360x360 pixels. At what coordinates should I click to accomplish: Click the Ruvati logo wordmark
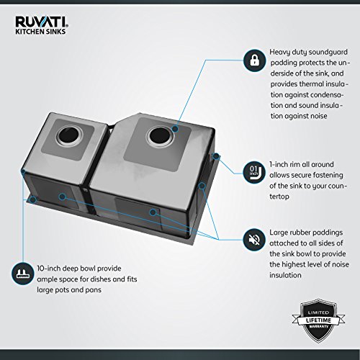click(41, 22)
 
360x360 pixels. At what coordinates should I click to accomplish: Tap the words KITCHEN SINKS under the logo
click(40, 32)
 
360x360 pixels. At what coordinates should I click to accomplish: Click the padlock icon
click(254, 60)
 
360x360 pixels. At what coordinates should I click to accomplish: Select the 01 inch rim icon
click(254, 173)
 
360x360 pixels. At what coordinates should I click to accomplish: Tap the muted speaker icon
click(254, 240)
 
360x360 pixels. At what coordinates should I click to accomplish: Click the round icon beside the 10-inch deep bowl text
click(23, 274)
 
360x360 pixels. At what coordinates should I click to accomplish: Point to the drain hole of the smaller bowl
click(70, 136)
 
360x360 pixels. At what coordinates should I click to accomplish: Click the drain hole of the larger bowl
click(159, 136)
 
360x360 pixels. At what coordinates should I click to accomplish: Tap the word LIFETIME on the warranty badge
click(318, 320)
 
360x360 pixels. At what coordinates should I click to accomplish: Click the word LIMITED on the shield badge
click(318, 312)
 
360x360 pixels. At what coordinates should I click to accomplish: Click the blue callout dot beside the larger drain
click(176, 129)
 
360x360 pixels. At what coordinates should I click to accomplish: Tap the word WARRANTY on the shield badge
click(318, 327)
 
